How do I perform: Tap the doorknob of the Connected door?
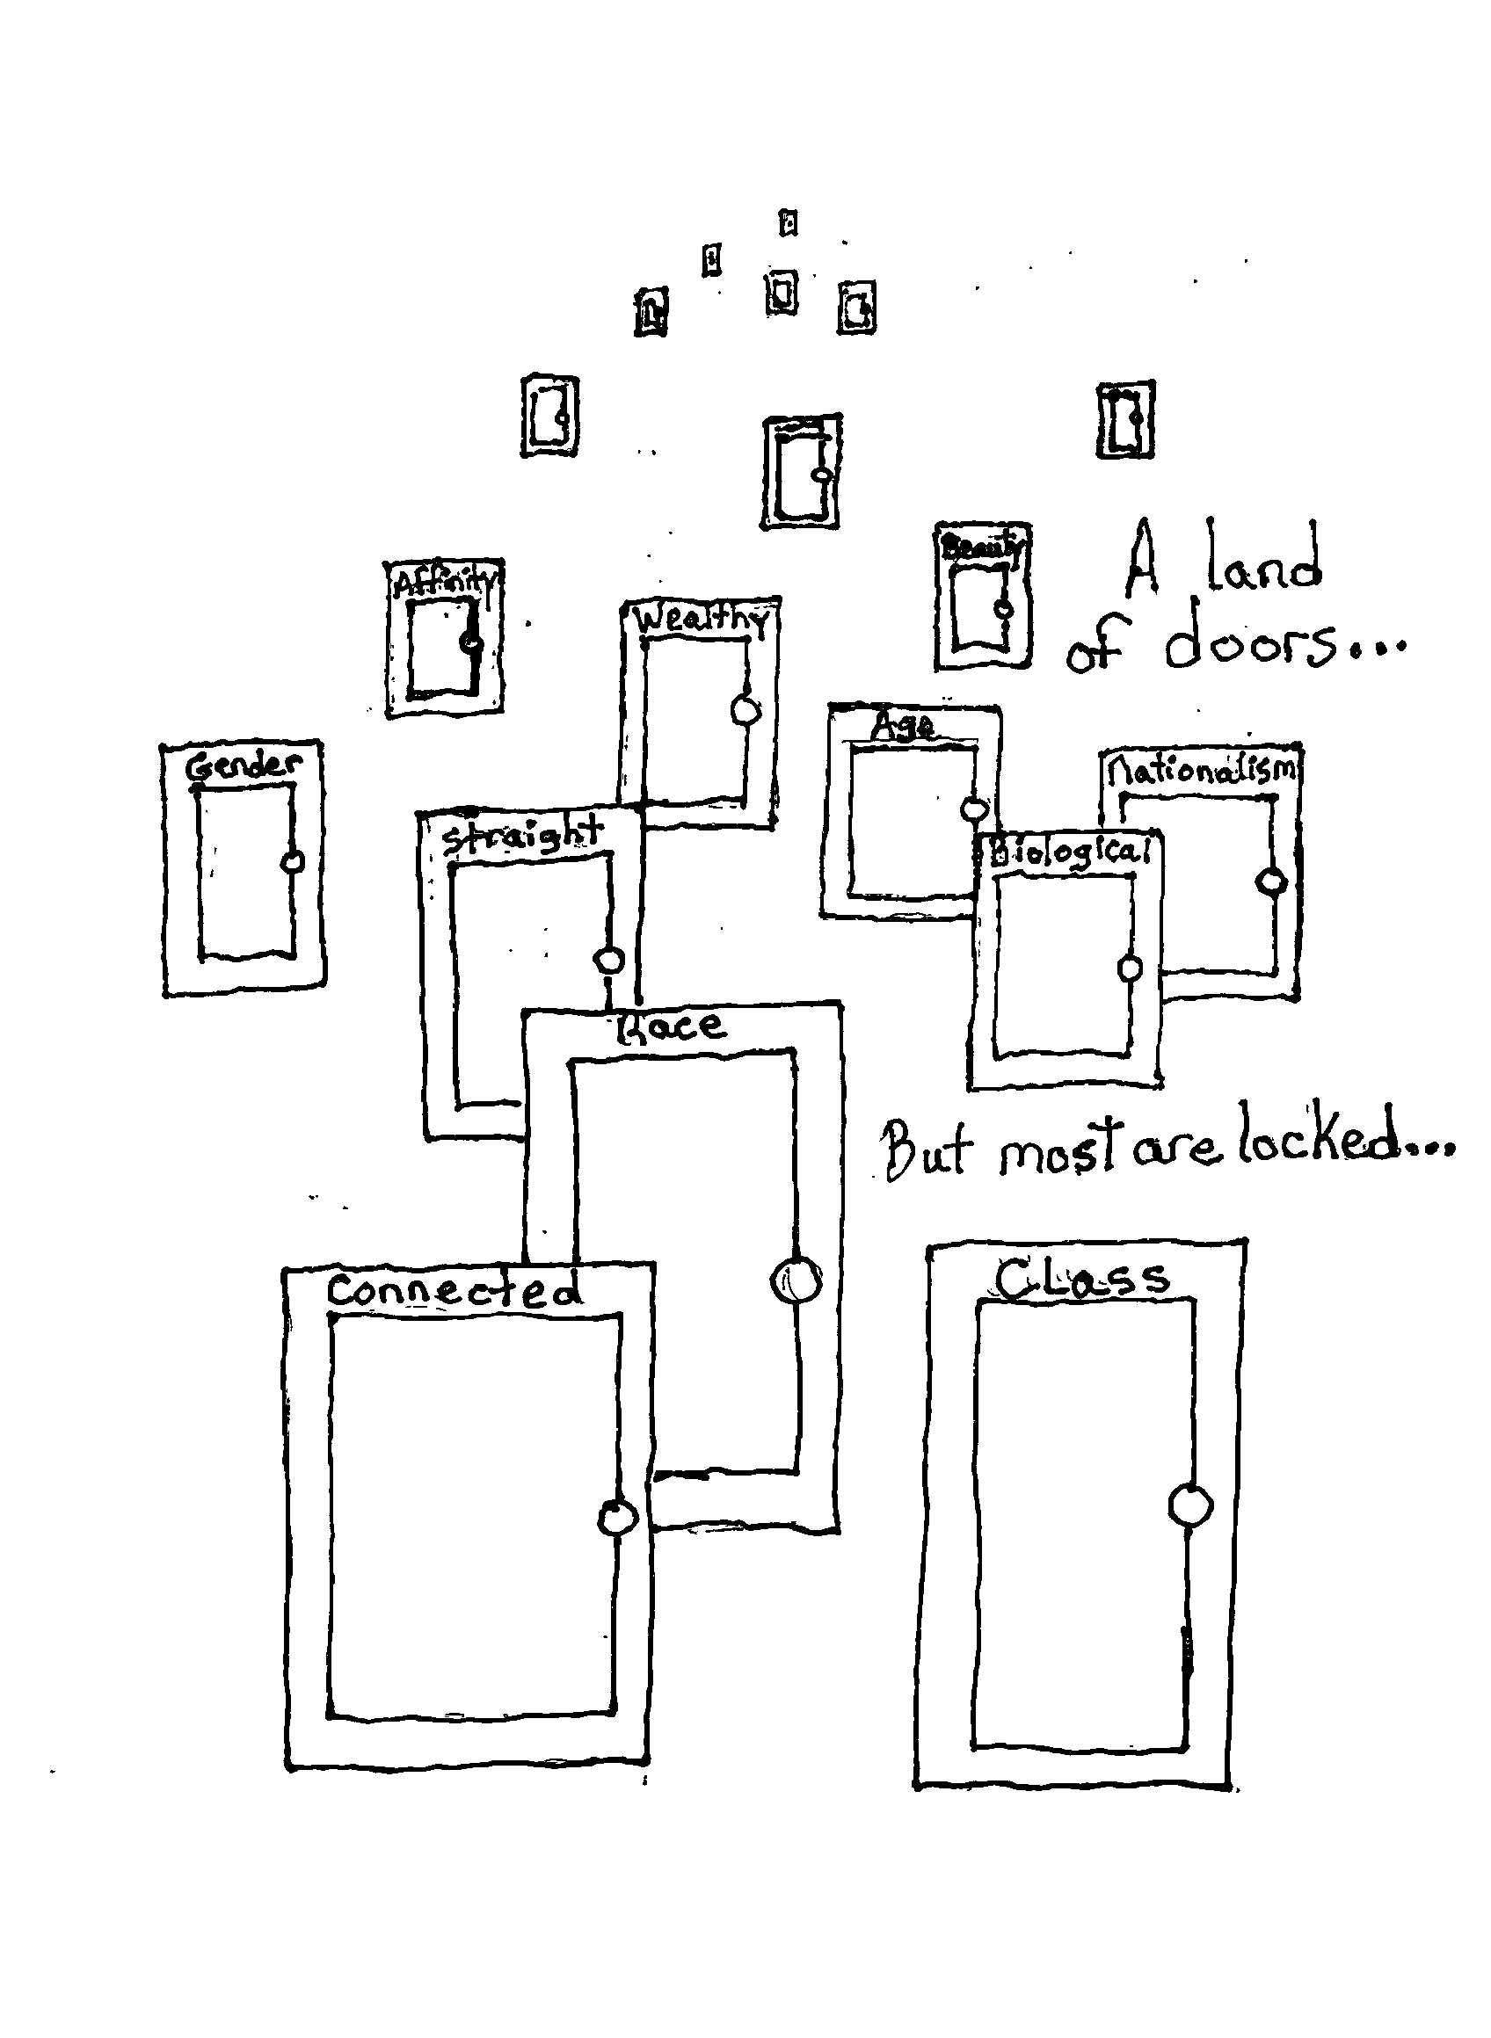point(618,1517)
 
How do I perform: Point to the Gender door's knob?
point(293,861)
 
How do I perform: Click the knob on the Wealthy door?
point(745,711)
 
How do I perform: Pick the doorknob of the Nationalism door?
point(1271,881)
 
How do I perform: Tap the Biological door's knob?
point(1129,968)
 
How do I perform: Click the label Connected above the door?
point(454,1291)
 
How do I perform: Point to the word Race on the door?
point(670,1026)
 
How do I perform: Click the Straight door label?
point(521,834)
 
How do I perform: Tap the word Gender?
point(244,767)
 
